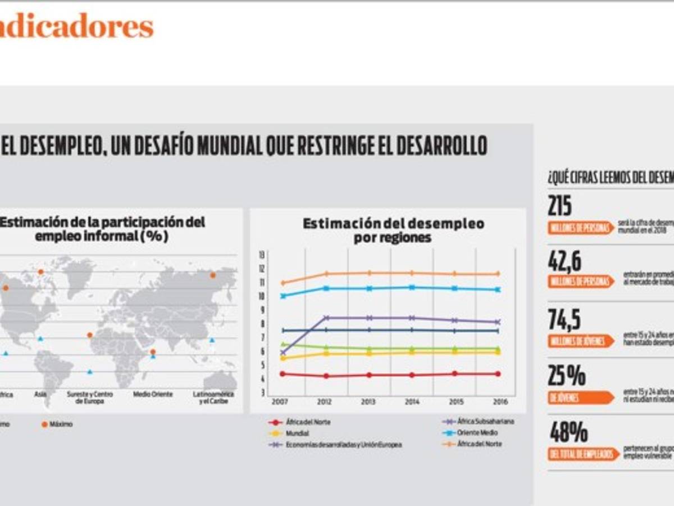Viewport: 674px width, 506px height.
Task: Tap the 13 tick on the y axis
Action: coord(261,255)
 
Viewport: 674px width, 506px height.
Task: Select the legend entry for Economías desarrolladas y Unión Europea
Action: coord(343,444)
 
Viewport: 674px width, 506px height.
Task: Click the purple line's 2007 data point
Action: coord(283,353)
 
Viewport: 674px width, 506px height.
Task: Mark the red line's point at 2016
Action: coord(498,374)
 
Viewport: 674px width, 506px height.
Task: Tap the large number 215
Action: coord(560,207)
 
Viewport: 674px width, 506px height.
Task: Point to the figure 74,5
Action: coord(564,320)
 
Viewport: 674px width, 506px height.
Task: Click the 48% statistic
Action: coord(569,432)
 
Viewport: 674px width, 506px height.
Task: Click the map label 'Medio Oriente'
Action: coord(153,395)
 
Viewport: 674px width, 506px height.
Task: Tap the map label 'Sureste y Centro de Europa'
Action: coord(90,398)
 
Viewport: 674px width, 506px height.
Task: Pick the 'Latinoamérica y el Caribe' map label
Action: coord(213,398)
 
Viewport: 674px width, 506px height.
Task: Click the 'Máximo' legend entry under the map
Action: coord(61,424)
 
